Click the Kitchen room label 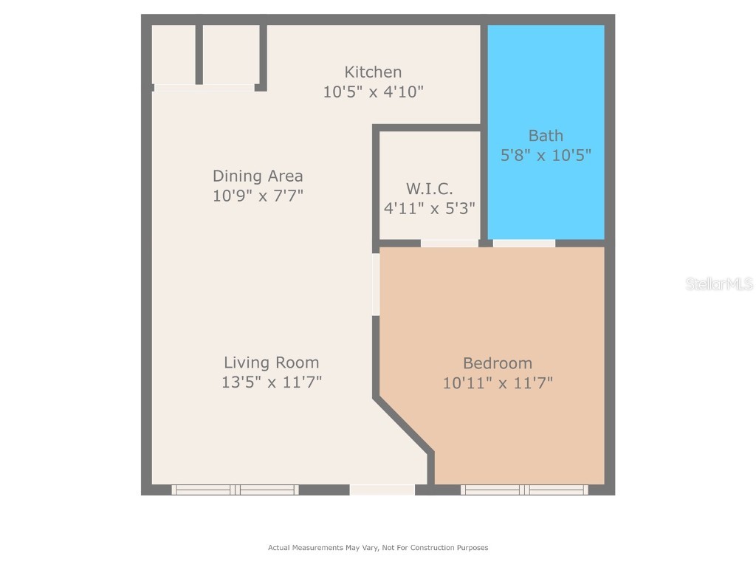[373, 72]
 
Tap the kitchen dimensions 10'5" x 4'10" [373, 92]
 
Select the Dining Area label [258, 176]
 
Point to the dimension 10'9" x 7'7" [258, 196]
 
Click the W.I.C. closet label [429, 188]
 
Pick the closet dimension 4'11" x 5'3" [429, 208]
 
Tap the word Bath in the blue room [546, 136]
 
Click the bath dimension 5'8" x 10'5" [546, 156]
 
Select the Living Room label [272, 362]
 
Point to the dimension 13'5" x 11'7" [272, 382]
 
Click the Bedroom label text [498, 363]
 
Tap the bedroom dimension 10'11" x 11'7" [498, 383]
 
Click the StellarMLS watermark [718, 284]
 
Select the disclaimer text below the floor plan [378, 548]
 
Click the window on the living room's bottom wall [236, 489]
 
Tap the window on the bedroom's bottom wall [524, 489]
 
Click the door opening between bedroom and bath [523, 243]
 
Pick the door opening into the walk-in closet [449, 243]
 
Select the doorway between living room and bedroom [376, 284]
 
